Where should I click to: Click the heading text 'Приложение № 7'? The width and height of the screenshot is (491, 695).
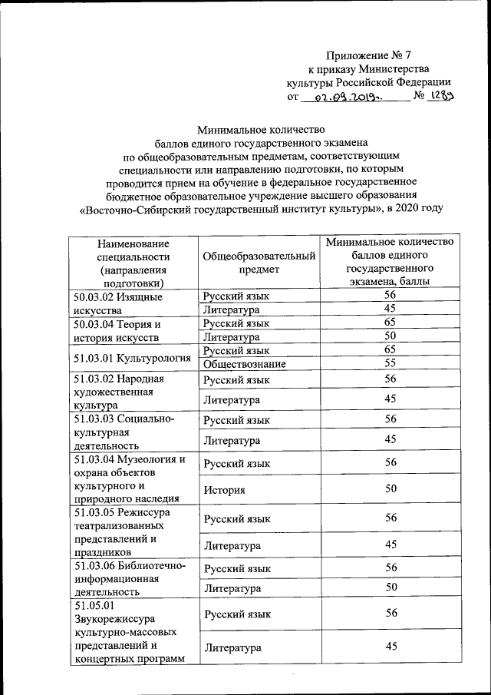(x=368, y=55)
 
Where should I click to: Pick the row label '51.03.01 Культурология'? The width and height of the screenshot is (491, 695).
(x=132, y=357)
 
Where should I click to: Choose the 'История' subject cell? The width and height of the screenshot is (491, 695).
(x=224, y=489)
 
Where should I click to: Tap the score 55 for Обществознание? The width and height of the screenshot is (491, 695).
(x=390, y=364)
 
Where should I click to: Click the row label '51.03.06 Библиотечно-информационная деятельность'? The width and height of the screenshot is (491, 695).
(x=129, y=580)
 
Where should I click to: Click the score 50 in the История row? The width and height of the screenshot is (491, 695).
(x=390, y=489)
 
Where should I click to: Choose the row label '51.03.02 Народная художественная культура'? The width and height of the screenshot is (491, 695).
(x=120, y=391)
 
